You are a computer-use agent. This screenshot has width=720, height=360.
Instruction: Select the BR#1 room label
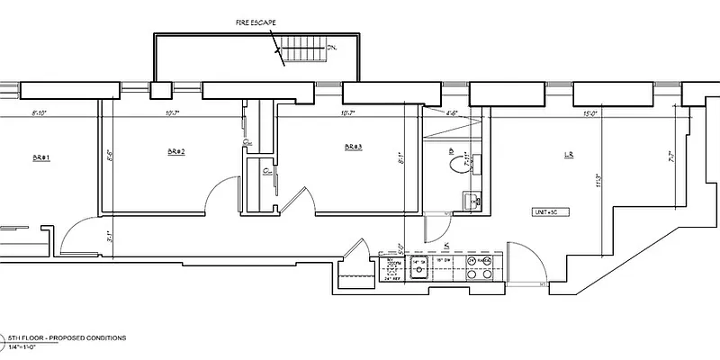pyautogui.click(x=40, y=157)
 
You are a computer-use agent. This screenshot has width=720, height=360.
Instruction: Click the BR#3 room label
pyautogui.click(x=353, y=147)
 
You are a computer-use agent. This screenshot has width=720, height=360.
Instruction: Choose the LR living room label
pyautogui.click(x=569, y=156)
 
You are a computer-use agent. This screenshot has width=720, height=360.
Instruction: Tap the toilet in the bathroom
pyautogui.click(x=458, y=164)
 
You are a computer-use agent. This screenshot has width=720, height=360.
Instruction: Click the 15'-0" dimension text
pyautogui.click(x=589, y=114)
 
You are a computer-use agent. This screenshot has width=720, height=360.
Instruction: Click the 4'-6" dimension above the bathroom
pyautogui.click(x=453, y=114)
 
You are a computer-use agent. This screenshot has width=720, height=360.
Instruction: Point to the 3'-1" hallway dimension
pyautogui.click(x=109, y=238)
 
